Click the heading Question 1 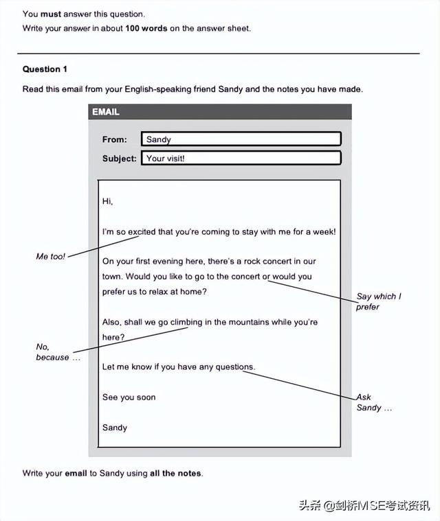(45, 69)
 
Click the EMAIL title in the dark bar (106, 112)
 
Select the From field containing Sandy (241, 139)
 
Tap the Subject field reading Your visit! (241, 158)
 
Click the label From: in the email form (115, 139)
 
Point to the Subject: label (120, 158)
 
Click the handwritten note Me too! (51, 256)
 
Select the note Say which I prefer (378, 301)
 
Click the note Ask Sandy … (373, 402)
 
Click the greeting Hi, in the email (107, 201)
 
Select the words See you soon (129, 397)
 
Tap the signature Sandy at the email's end (115, 428)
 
